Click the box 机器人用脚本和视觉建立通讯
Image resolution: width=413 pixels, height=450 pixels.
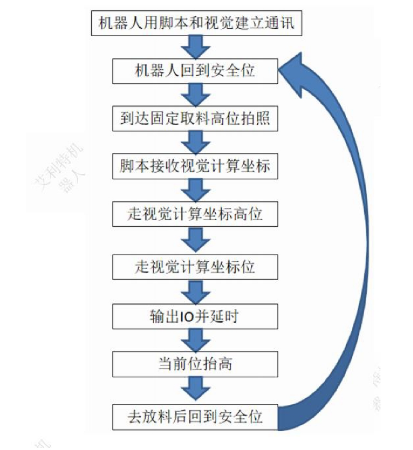pyautogui.click(x=196, y=23)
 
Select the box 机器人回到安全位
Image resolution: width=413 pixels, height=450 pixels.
pyautogui.click(x=195, y=71)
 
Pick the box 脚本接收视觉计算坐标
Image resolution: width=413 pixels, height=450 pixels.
pyautogui.click(x=195, y=167)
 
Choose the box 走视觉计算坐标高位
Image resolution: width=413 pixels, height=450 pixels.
pyautogui.click(x=195, y=214)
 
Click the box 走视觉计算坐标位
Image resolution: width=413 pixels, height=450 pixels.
pyautogui.click(x=195, y=267)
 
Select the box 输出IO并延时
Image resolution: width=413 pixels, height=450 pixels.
pyautogui.click(x=195, y=317)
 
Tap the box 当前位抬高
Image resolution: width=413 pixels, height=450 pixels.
pyautogui.click(x=195, y=364)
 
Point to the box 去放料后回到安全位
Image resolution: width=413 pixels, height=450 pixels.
pyautogui.click(x=195, y=417)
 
